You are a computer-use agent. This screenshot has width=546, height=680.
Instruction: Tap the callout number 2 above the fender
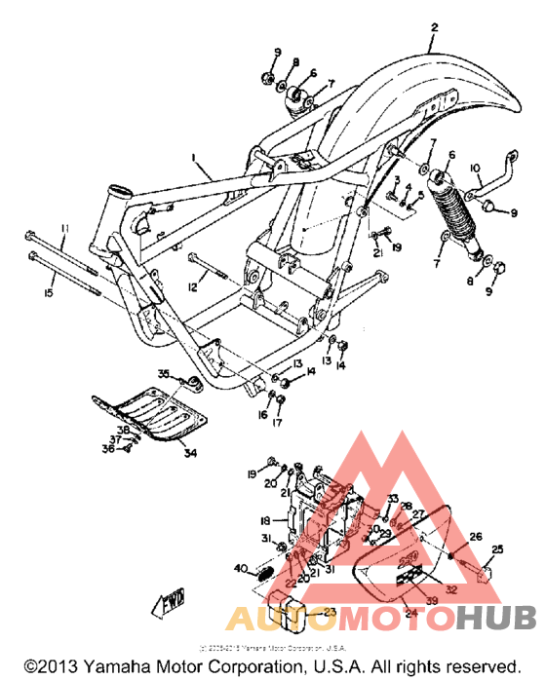pyautogui.click(x=435, y=29)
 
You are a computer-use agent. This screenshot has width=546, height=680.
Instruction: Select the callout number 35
pyautogui.click(x=164, y=374)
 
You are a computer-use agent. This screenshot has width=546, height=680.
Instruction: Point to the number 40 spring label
pyautogui.click(x=240, y=568)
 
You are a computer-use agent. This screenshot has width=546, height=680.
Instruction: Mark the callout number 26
pyautogui.click(x=476, y=537)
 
